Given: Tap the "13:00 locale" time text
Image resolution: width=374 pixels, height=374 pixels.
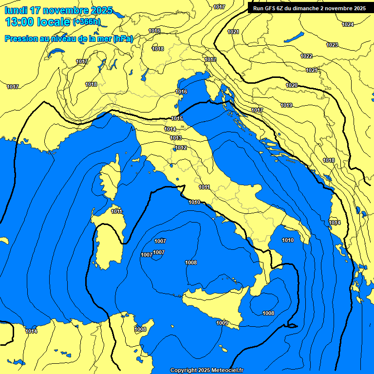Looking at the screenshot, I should pyautogui.click(x=38, y=21).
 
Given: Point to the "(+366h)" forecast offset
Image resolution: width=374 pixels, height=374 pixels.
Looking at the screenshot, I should pyautogui.click(x=86, y=22).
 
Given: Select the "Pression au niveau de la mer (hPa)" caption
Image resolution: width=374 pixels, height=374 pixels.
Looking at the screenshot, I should pyautogui.click(x=69, y=38).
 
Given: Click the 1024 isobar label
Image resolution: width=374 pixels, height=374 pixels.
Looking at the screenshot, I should pyautogui.click(x=348, y=24).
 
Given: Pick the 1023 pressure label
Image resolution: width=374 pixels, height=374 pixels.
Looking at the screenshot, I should pyautogui.click(x=332, y=45).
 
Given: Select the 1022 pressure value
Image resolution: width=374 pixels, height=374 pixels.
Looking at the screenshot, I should pyautogui.click(x=306, y=56).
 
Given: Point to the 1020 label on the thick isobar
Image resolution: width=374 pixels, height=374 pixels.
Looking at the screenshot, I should pyautogui.click(x=292, y=85).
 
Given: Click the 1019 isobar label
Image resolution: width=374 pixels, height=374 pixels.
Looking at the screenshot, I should pyautogui.click(x=286, y=105).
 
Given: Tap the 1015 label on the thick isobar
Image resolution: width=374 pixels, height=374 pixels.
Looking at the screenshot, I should pyautogui.click(x=177, y=118).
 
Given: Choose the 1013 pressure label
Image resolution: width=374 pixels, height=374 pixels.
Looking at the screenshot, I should pyautogui.click(x=176, y=138).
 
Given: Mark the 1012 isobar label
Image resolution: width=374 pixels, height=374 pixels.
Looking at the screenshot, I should pyautogui.click(x=181, y=148).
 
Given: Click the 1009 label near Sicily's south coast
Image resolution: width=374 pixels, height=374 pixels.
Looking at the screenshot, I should pyautogui.click(x=222, y=322).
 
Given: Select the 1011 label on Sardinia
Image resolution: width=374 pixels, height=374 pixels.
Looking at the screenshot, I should pyautogui.click(x=116, y=211).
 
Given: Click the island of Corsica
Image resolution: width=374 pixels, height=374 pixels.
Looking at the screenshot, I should pyautogui.click(x=110, y=180).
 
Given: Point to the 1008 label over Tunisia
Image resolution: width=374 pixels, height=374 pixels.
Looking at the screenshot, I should pyautogui.click(x=140, y=329).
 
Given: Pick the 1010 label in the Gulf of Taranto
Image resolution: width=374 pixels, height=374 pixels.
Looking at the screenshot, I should pyautogui.click(x=288, y=240).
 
